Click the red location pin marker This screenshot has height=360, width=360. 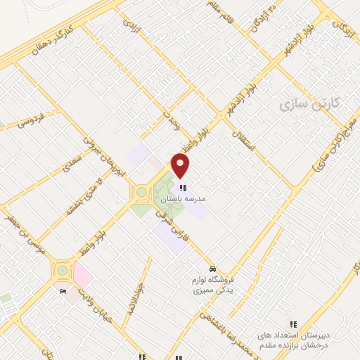(181, 167)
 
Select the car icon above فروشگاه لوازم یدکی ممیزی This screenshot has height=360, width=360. (212, 269)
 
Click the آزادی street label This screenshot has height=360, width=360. (132, 27)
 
